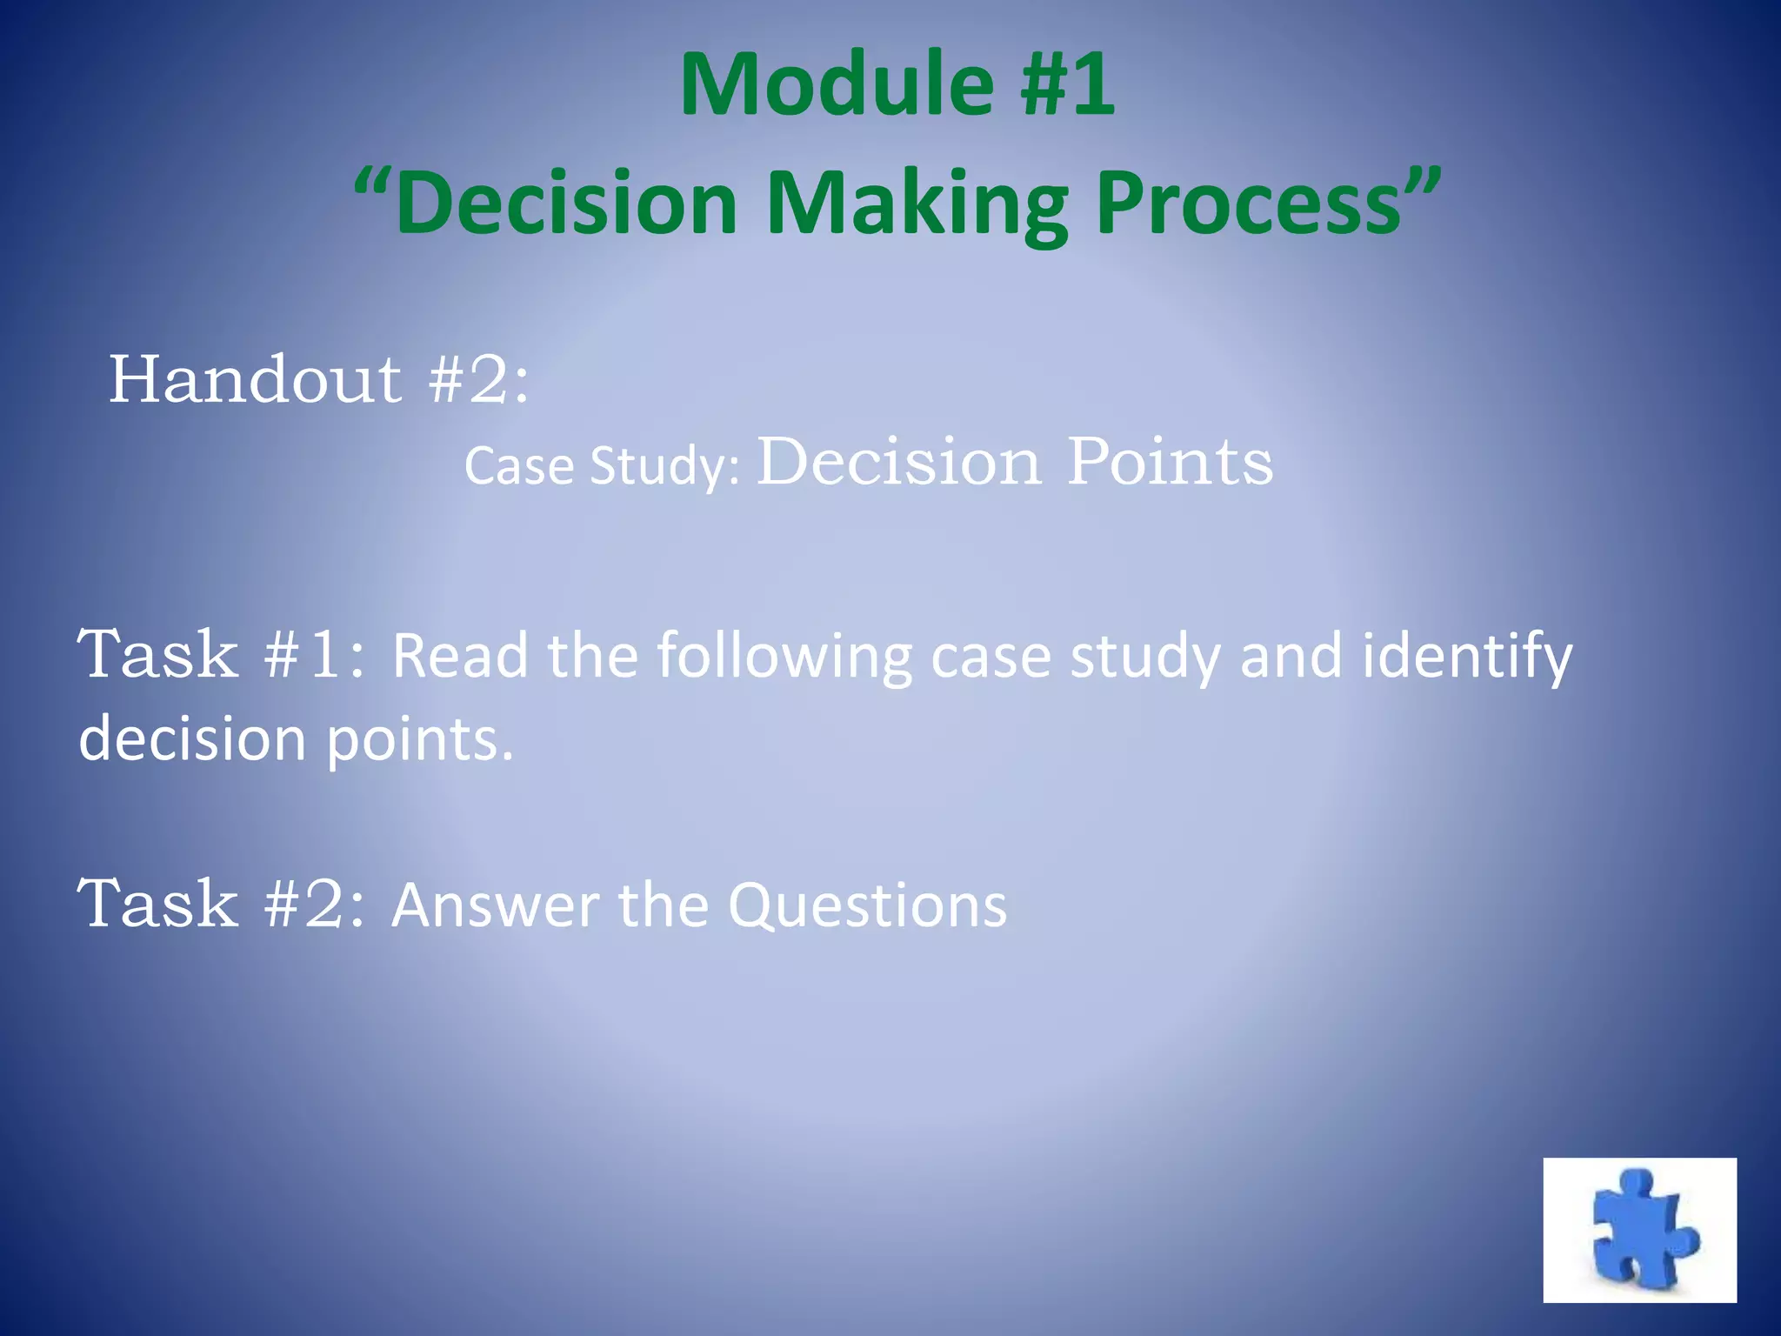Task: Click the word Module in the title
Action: (836, 84)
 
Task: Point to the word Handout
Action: (255, 380)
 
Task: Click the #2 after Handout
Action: (478, 380)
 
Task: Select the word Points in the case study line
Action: (1170, 461)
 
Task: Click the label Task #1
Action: (222, 654)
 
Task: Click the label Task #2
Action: (222, 904)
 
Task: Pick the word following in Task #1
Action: (784, 657)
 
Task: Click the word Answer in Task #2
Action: (495, 905)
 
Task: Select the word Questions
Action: (867, 907)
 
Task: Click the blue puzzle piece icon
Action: (1639, 1229)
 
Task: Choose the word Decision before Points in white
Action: (898, 461)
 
